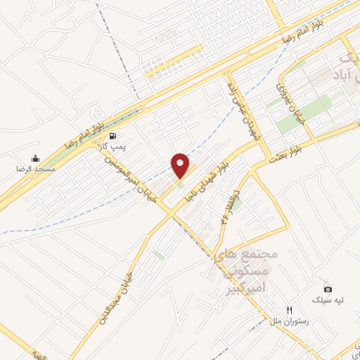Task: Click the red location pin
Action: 181,165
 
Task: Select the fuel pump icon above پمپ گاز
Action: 113,135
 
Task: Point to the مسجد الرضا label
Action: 35,169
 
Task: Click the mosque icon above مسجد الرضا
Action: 35,158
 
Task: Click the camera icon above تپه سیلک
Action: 328,289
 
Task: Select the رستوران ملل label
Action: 289,321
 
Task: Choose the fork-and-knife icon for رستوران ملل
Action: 289,310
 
